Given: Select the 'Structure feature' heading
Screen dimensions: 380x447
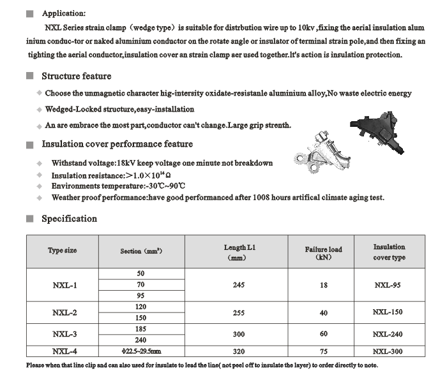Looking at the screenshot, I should [x=76, y=77].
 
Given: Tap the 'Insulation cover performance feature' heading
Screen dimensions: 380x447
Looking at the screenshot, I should [x=117, y=144].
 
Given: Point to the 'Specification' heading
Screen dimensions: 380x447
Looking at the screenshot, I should [x=69, y=219].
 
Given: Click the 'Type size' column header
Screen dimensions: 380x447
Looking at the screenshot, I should [x=62, y=251].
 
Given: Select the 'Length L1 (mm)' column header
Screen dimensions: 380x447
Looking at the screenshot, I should [x=239, y=252].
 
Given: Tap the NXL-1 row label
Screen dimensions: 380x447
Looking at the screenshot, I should [x=64, y=285].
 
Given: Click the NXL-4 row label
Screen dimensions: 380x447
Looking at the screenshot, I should [x=64, y=351].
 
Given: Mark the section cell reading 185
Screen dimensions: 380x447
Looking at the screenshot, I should [x=140, y=329].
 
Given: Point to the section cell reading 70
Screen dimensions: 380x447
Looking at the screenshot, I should [x=140, y=285].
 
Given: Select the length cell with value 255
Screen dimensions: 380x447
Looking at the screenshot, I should [x=239, y=312].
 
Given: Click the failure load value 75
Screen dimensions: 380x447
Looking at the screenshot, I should [x=323, y=351].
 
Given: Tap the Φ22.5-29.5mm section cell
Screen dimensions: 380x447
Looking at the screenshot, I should [x=141, y=351].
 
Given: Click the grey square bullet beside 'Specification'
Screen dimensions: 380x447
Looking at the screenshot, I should [x=30, y=219].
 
